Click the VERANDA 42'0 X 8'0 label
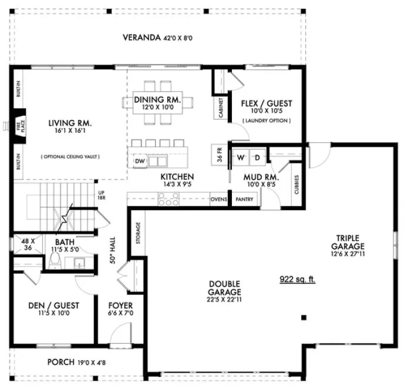(157, 38)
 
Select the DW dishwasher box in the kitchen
(140, 162)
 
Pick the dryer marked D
(257, 158)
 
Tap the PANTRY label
(244, 200)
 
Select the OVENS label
(218, 200)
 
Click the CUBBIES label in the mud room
(297, 185)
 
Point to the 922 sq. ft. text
(297, 280)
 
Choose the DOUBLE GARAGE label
(225, 288)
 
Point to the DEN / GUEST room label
(53, 310)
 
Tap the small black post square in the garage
(304, 318)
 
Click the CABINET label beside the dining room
(221, 108)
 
